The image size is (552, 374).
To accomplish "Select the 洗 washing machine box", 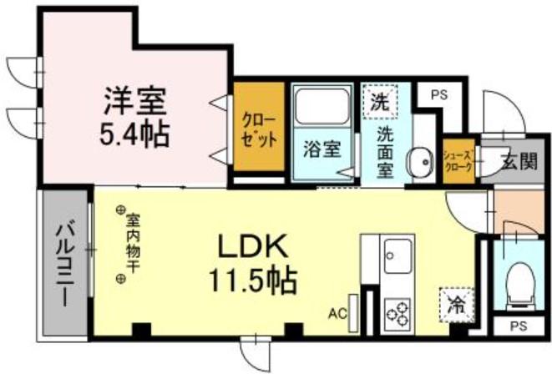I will click(378, 104).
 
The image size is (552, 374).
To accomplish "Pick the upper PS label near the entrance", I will click(438, 95).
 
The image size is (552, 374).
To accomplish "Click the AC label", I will click(337, 315).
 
